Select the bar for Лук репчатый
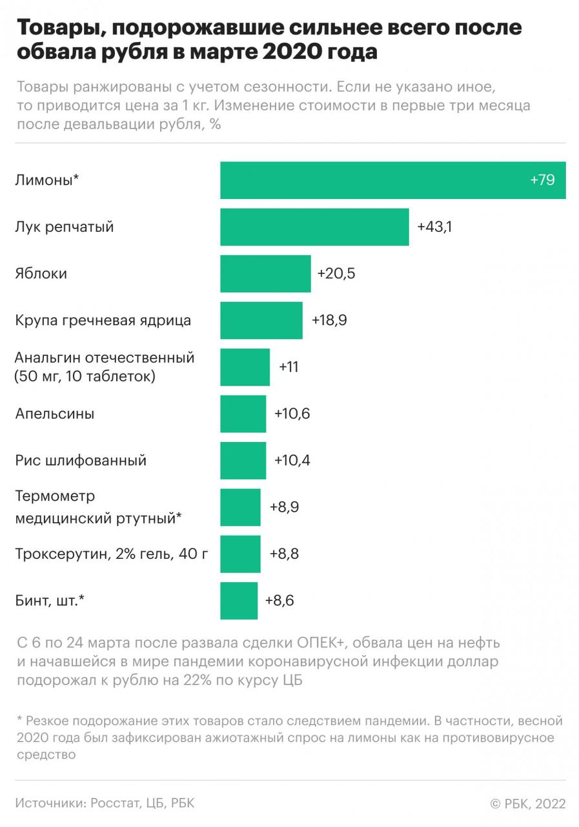(x=314, y=227)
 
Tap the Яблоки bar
(x=265, y=274)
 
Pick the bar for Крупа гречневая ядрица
(x=261, y=320)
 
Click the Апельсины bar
(x=243, y=413)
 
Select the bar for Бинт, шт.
(x=239, y=601)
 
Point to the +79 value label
(x=542, y=180)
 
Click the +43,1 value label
(x=434, y=227)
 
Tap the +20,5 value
(x=336, y=274)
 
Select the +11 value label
(x=289, y=367)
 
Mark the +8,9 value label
(x=283, y=507)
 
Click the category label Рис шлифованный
(x=81, y=461)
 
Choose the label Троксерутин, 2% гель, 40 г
(x=112, y=554)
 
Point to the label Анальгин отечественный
(x=104, y=358)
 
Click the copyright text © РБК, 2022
(x=528, y=804)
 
